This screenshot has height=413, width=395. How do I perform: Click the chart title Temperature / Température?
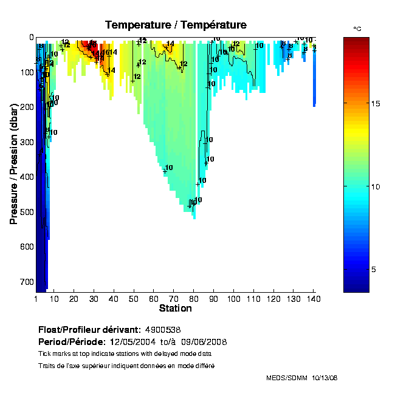pos(176,25)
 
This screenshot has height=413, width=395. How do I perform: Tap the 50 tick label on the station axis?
pos(134,299)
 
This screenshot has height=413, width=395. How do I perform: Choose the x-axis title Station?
pos(176,309)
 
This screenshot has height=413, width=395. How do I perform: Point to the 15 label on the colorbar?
pos(376,104)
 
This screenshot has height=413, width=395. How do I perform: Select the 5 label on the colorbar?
pos(374,269)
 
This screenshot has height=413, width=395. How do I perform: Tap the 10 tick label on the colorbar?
pos(376,186)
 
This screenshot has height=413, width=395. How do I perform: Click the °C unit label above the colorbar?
pos(357,29)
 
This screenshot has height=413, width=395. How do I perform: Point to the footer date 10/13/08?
pos(325,378)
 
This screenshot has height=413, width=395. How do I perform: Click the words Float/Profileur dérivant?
pos(91,330)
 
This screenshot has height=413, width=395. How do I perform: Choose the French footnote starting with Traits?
pos(126,366)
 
